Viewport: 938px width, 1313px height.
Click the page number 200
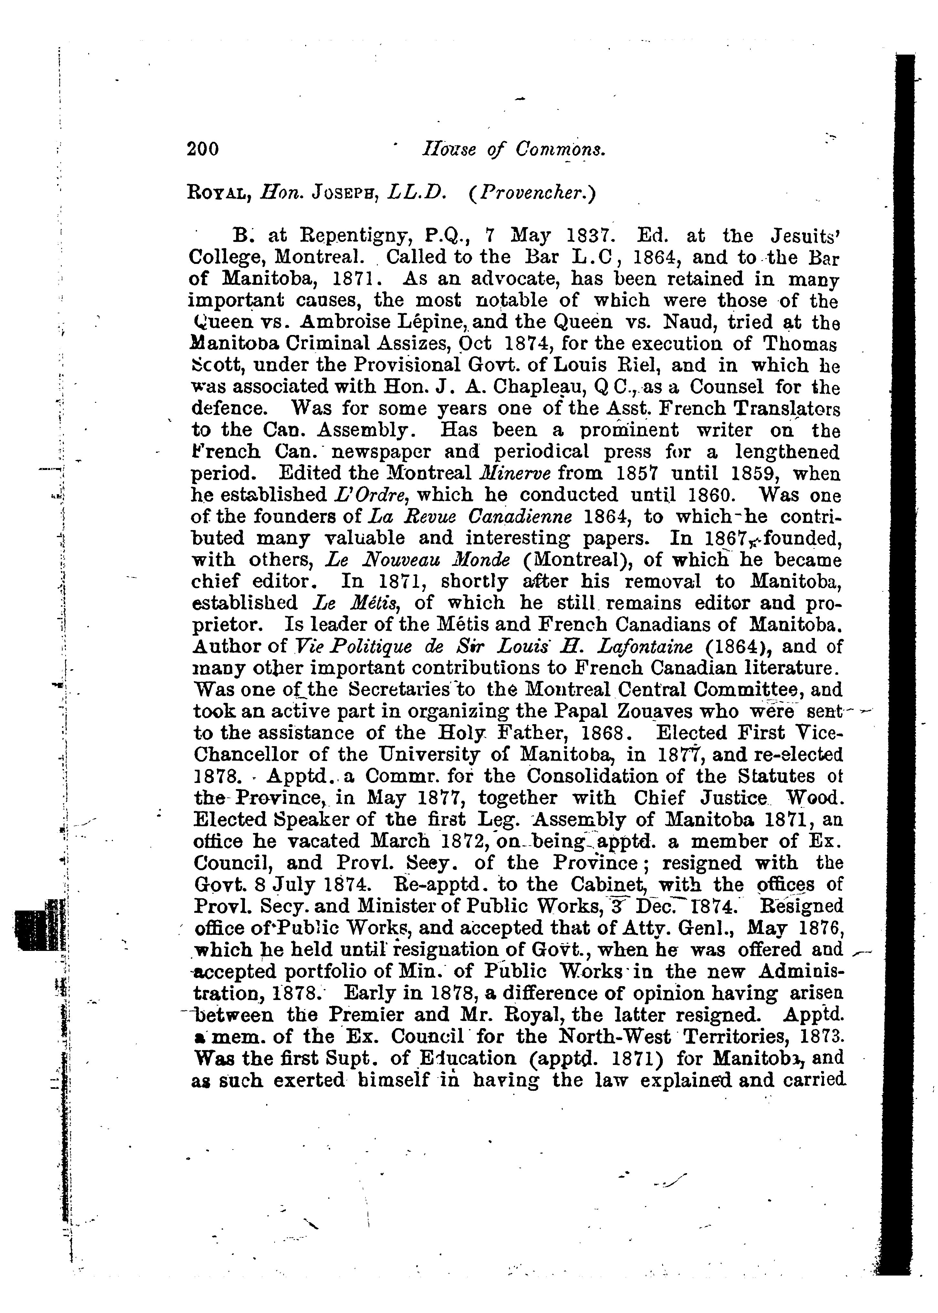pyautogui.click(x=203, y=150)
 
